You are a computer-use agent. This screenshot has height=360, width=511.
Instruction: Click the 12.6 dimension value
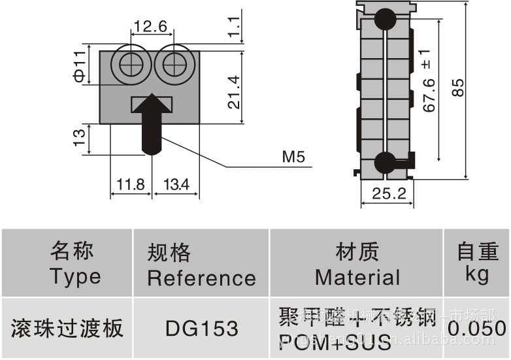pos(151,27)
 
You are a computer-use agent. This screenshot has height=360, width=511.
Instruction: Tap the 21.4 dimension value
pos(233,92)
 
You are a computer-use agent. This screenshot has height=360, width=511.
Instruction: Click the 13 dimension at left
pos(79,137)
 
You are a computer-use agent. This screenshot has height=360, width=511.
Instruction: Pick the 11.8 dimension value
pos(130,185)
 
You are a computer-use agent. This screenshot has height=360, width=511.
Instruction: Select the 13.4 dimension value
pos(175,185)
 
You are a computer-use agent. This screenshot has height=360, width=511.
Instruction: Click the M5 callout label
pos(293,157)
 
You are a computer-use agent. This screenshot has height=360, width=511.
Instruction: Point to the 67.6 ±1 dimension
pos(429,81)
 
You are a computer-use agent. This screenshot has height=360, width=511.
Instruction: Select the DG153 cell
pos(201,328)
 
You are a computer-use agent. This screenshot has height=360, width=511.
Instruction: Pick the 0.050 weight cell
pos(476,328)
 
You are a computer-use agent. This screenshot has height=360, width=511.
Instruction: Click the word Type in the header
pos(75,276)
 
